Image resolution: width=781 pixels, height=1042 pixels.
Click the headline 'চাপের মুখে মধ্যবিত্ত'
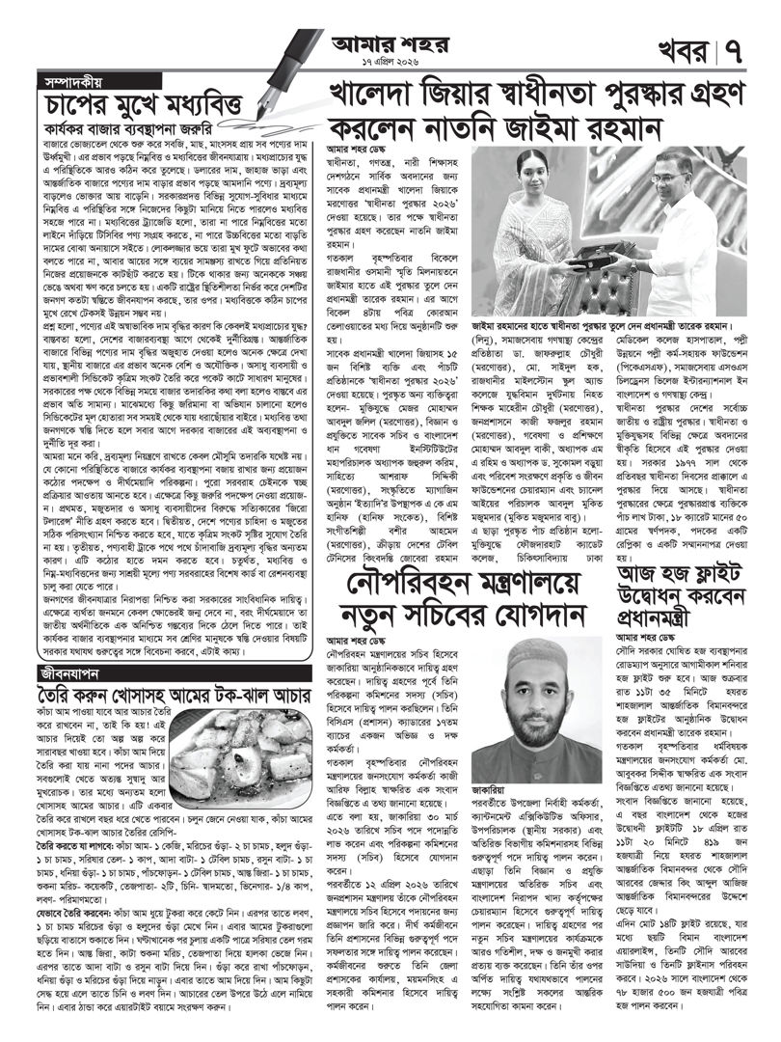tap(145, 102)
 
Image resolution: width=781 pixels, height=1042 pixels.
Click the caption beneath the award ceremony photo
tap(623, 326)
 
